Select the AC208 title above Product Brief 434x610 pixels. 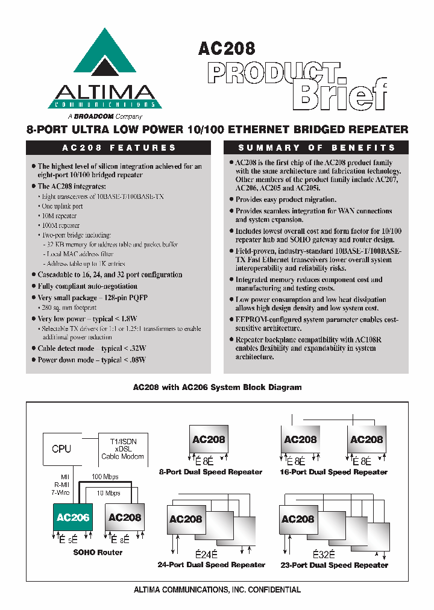point(227,49)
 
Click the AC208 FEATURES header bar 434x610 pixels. point(119,148)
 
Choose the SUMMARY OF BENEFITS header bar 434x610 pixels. point(316,148)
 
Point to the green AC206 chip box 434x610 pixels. point(73,517)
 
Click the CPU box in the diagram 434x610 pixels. point(61,448)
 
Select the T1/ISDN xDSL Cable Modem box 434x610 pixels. point(123,449)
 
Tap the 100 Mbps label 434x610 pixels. point(104,476)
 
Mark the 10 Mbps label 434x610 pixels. point(108,493)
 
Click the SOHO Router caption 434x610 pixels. point(98,552)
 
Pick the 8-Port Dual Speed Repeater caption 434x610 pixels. point(210,472)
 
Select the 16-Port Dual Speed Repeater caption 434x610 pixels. point(333,472)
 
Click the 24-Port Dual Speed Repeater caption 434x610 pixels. point(211,565)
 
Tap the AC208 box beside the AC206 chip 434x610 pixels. point(125,517)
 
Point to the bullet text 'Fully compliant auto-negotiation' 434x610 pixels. point(87,286)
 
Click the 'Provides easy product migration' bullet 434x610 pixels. point(286,200)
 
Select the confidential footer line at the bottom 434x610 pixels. point(217,590)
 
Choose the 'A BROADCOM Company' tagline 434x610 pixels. point(105,116)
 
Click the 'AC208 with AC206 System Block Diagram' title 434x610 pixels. point(217,388)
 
